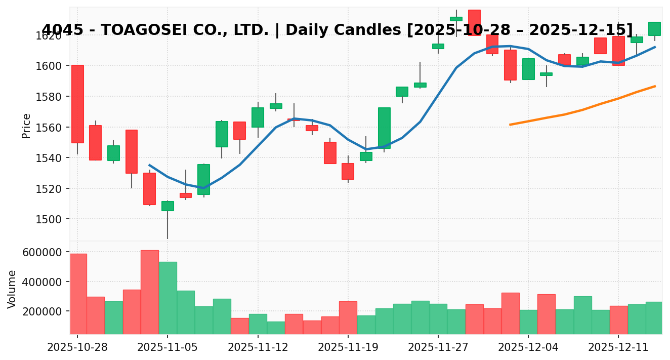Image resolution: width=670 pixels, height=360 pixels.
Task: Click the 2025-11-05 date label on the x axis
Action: (167, 348)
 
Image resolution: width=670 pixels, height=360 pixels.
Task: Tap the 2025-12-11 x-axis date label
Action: (618, 348)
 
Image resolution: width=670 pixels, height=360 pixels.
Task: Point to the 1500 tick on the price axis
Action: (52, 219)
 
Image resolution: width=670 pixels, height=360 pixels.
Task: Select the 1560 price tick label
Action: (52, 127)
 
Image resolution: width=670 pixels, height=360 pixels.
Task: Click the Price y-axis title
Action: (26, 126)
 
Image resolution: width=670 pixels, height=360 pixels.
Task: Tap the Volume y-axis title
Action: (12, 289)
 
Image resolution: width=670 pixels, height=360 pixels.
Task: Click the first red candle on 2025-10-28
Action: (77, 104)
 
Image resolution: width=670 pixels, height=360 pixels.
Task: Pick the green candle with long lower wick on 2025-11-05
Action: (167, 206)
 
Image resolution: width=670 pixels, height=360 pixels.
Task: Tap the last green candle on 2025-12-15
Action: (654, 28)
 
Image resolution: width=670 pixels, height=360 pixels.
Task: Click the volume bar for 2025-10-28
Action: (78, 294)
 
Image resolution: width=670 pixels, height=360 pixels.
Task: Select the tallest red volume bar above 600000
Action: (149, 292)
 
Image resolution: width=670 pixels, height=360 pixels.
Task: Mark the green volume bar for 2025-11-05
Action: (167, 298)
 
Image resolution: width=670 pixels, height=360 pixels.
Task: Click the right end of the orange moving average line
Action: (655, 86)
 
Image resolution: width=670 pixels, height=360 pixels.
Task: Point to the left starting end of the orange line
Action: (510, 125)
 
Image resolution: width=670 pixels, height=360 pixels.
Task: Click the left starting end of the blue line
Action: (149, 165)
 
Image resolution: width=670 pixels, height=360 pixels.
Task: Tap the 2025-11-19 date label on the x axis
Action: (348, 348)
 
